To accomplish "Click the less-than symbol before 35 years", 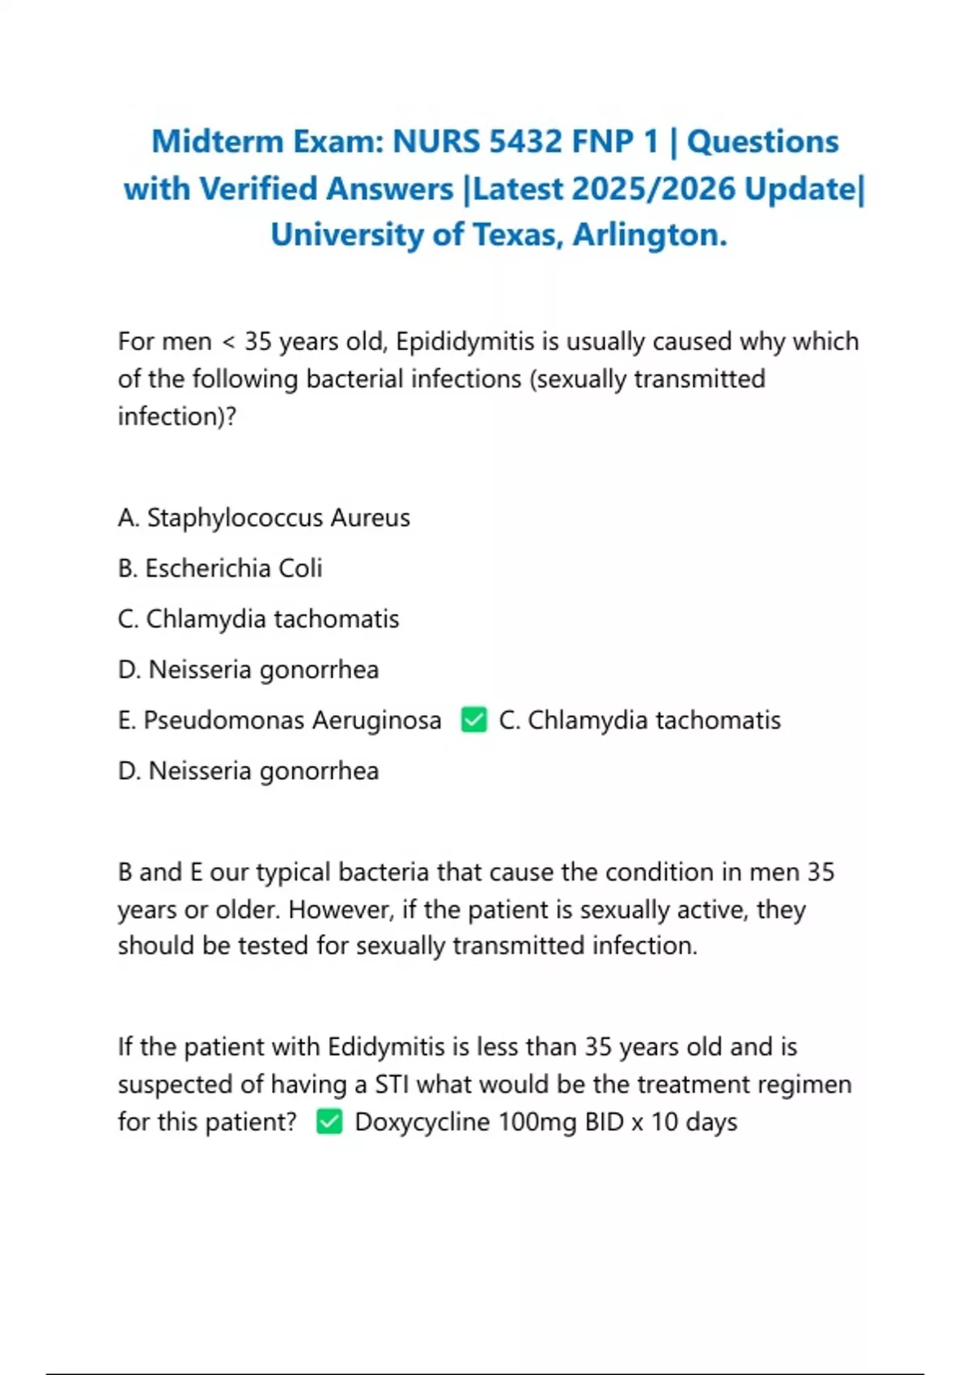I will coord(228,342).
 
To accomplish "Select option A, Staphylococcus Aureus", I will coord(264,518).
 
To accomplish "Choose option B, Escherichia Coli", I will coord(220,569).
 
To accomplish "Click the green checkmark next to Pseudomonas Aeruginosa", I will coord(474,719).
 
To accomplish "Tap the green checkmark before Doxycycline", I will coord(329,1122).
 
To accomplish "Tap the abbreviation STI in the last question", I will coord(392,1085).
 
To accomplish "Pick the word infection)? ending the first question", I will coord(176,417).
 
